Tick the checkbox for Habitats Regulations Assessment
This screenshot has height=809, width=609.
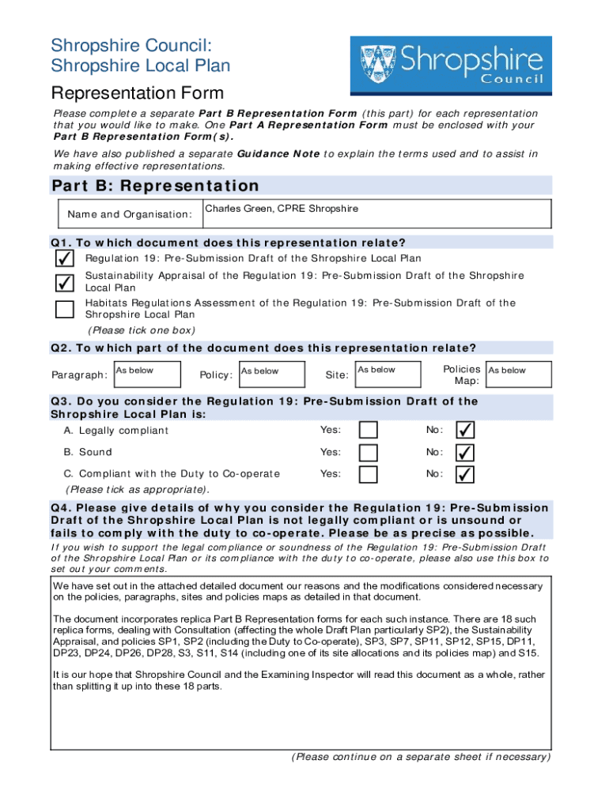pos(65,309)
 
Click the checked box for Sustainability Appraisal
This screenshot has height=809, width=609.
pos(65,282)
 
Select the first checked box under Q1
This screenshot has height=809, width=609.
pos(65,258)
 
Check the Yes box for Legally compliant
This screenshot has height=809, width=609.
pos(369,430)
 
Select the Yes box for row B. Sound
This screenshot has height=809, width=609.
pos(369,452)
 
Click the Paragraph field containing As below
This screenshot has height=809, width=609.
pos(146,374)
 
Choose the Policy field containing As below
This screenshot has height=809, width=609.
pos(270,374)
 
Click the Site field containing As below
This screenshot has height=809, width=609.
pos(387,374)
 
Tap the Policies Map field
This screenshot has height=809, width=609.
pos(517,374)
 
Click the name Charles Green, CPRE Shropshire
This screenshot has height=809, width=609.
pos(282,209)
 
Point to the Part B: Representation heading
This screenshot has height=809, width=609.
pos(155,186)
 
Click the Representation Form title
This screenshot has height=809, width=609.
pos(138,93)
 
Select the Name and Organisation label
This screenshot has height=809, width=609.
pos(130,215)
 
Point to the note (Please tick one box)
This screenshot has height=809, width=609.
pos(141,330)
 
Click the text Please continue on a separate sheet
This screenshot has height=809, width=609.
pos(420,757)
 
